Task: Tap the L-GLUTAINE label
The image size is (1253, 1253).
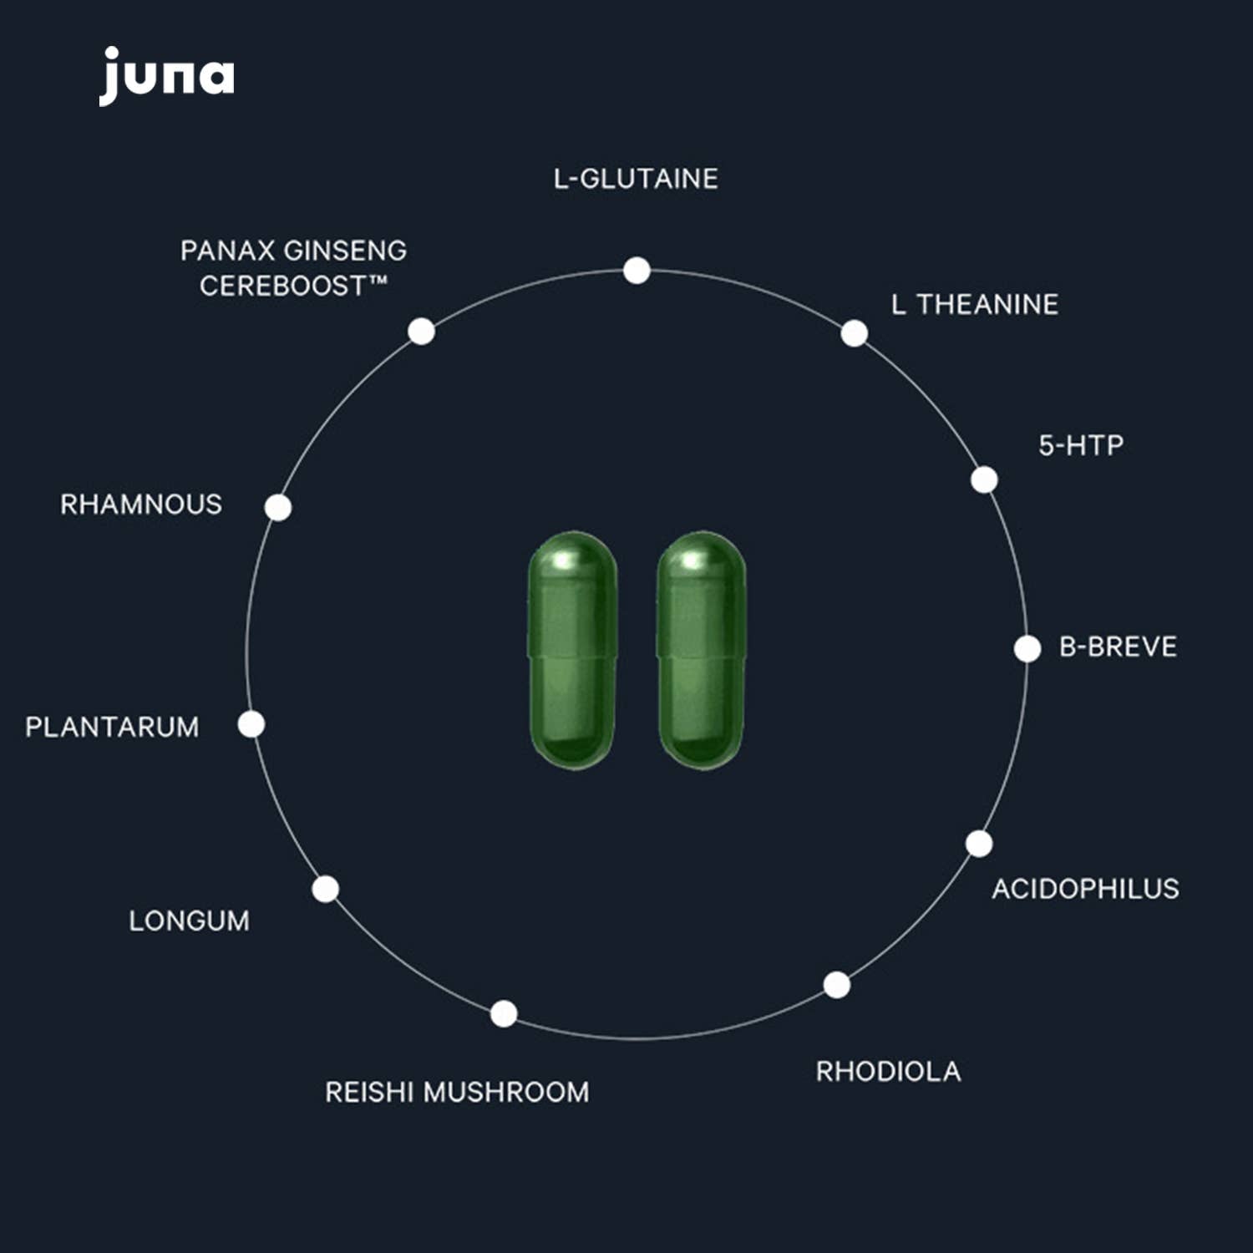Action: tap(636, 179)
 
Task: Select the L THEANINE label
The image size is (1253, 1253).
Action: tap(974, 305)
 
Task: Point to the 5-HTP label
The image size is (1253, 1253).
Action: tap(1081, 445)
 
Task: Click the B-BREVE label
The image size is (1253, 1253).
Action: tap(1118, 647)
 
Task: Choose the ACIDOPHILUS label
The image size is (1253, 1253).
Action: tap(1085, 889)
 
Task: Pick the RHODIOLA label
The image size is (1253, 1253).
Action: tap(888, 1072)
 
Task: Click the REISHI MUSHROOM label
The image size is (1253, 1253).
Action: tap(457, 1092)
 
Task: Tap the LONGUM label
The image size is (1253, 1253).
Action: tap(189, 921)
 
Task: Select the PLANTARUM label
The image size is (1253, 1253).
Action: tap(112, 727)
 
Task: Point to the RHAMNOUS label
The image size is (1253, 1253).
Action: tap(141, 505)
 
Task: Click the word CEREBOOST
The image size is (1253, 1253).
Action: tap(282, 287)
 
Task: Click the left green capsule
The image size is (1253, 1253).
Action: tap(573, 650)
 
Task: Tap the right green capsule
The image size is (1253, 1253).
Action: tap(701, 650)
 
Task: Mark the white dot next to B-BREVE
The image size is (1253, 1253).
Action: tap(1027, 648)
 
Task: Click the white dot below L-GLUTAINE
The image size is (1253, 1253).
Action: tap(637, 271)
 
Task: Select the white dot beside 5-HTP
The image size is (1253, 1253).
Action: tap(984, 479)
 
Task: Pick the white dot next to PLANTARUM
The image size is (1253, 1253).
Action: tap(251, 724)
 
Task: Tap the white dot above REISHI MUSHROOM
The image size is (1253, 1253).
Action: tap(504, 1013)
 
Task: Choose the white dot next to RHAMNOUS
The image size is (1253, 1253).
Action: tap(278, 507)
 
